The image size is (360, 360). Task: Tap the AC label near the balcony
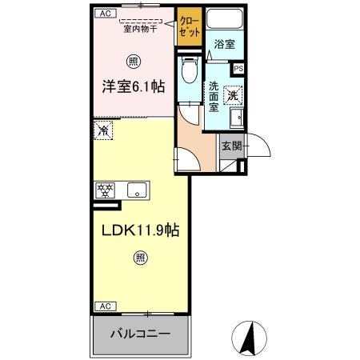click(104, 306)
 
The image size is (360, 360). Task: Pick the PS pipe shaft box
click(238, 68)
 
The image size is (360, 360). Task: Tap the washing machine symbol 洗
click(233, 94)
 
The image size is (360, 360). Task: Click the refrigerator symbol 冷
click(103, 129)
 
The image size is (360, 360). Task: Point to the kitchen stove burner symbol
click(106, 190)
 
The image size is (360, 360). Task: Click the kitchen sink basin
click(137, 190)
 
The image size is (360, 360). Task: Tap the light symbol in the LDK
click(139, 258)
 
